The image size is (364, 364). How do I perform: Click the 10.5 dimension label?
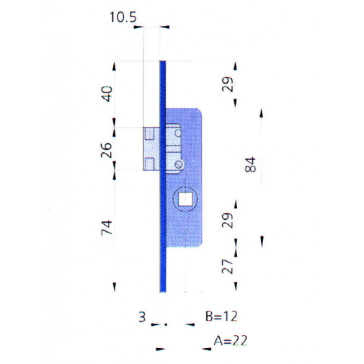pyautogui.click(x=123, y=17)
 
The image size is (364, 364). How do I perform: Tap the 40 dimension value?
pyautogui.click(x=107, y=94)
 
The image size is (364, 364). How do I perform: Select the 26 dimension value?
pyautogui.click(x=106, y=150)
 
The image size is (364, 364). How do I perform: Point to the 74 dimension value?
pyautogui.click(x=107, y=228)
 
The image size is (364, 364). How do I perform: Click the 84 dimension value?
pyautogui.click(x=250, y=164)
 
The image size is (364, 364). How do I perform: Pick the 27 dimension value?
pyautogui.click(x=227, y=266)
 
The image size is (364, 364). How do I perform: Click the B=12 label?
pyautogui.click(x=221, y=316)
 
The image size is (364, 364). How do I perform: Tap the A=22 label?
pyautogui.click(x=231, y=340)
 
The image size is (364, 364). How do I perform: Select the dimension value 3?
pyautogui.click(x=142, y=317)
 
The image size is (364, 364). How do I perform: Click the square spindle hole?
pyautogui.click(x=185, y=200)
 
